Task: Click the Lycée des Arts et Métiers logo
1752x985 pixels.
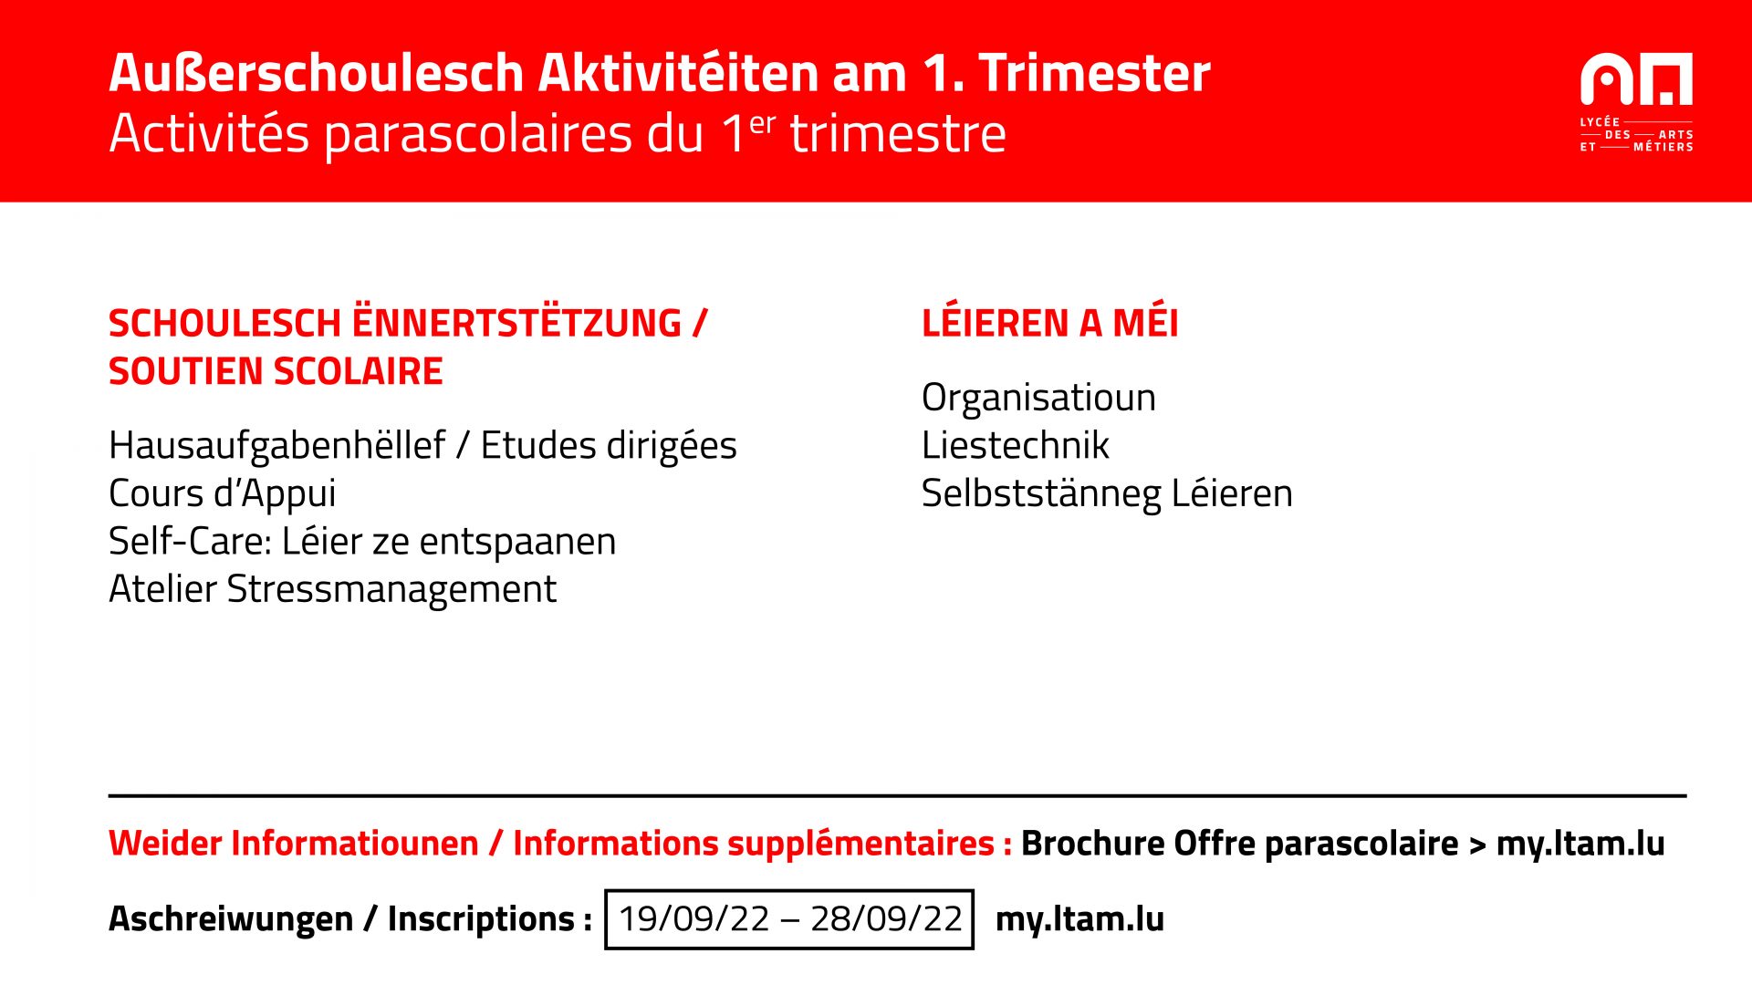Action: click(1636, 102)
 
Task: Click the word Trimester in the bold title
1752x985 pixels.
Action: click(1094, 73)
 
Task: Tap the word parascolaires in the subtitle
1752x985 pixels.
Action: click(478, 135)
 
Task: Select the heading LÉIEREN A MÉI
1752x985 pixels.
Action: click(1049, 323)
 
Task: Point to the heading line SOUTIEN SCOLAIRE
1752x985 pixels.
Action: click(276, 371)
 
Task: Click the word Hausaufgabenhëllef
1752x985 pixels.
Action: click(277, 445)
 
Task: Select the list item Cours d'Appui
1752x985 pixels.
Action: click(223, 493)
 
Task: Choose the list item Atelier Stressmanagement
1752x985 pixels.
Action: click(332, 589)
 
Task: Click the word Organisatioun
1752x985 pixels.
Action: click(1038, 399)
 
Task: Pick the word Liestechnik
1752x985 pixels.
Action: click(1016, 445)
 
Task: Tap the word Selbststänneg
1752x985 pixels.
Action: click(1041, 494)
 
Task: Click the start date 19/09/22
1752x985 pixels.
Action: click(694, 918)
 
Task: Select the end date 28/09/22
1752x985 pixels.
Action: click(886, 918)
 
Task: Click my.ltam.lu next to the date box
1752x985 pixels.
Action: click(1079, 919)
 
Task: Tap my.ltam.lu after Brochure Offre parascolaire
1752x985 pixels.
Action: click(1580, 844)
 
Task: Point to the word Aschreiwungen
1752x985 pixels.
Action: click(231, 919)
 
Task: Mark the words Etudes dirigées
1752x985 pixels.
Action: click(609, 446)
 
